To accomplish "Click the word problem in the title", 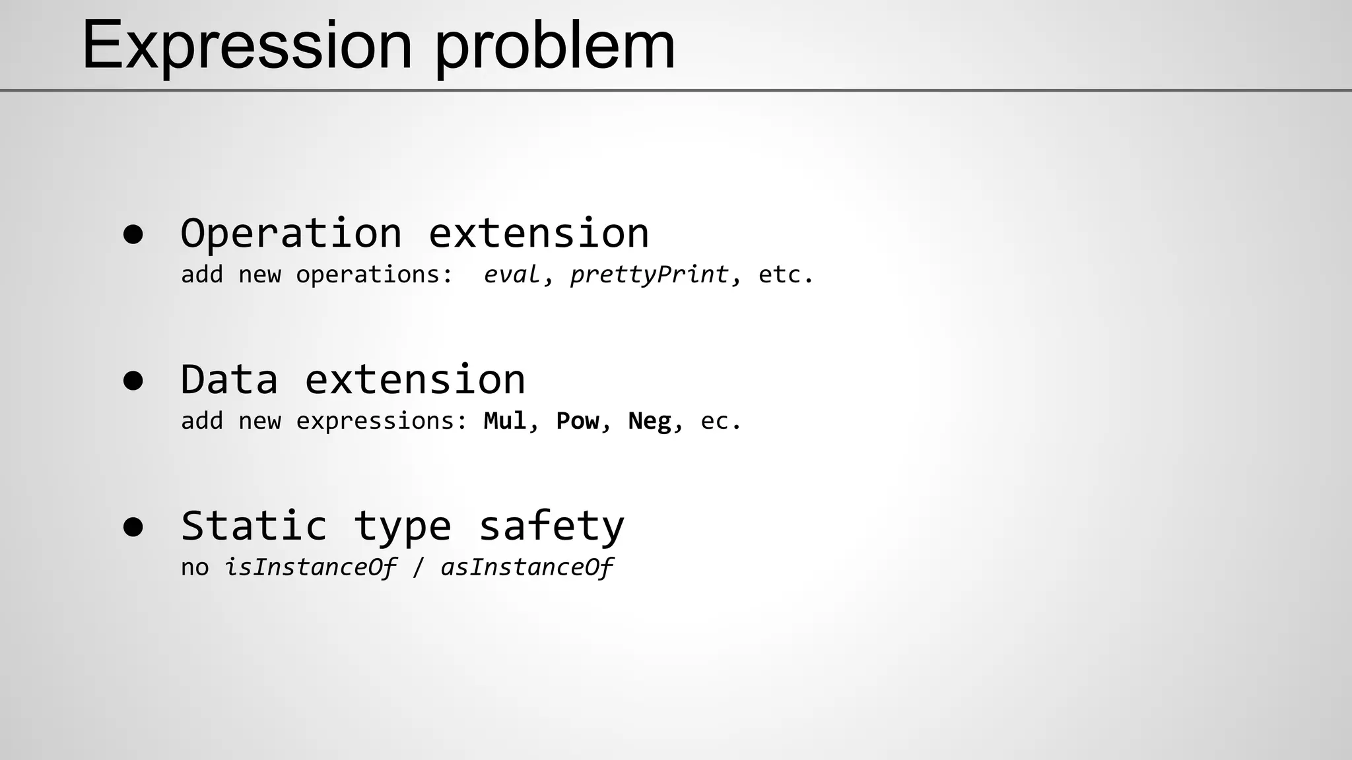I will (555, 46).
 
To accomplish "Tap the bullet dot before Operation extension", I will (133, 235).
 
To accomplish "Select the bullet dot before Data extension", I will (133, 381).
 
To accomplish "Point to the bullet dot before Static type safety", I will (133, 528).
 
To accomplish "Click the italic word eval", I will (512, 274).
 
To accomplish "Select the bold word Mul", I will (505, 421).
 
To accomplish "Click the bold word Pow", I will (578, 421).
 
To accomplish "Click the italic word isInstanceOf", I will (311, 567).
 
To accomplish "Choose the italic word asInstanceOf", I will (527, 567).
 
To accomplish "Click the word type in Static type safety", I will (403, 528).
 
